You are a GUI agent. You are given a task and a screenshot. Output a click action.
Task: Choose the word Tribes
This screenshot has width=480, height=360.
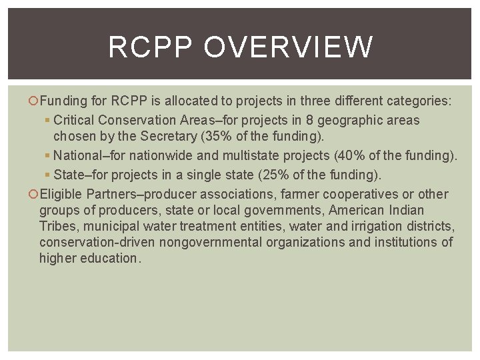click(x=57, y=226)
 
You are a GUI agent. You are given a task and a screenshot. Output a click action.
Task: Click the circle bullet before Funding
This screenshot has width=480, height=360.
click(x=35, y=101)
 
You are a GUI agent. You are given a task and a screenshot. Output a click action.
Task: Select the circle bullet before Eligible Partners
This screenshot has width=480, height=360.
click(x=35, y=195)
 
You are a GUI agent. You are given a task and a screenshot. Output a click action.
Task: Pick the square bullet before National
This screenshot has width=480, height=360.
click(x=49, y=156)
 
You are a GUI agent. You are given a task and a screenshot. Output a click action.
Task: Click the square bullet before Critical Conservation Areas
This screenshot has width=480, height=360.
click(x=49, y=121)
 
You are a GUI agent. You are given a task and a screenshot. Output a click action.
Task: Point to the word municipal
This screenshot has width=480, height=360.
click(x=115, y=226)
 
